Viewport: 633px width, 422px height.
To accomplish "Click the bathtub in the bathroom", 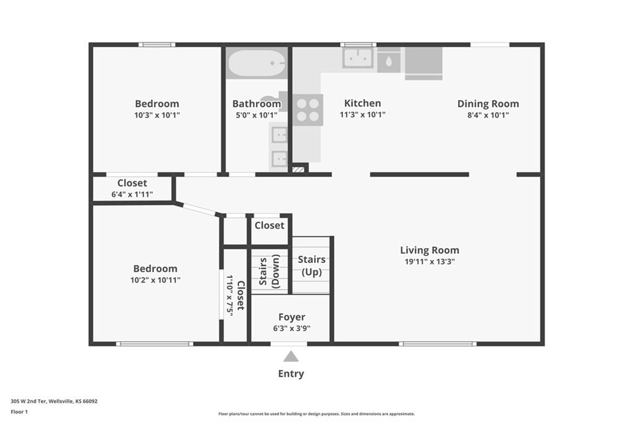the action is tap(257, 63).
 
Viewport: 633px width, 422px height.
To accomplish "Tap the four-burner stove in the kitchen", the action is tap(308, 110).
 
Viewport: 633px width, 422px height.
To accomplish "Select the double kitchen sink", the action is tap(358, 58).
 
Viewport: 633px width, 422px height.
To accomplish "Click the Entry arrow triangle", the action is tap(291, 356).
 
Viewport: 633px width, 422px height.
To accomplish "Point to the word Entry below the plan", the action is tap(291, 374).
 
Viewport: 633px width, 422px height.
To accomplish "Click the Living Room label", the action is tap(430, 250).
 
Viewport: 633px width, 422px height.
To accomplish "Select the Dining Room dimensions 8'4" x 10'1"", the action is tap(488, 115).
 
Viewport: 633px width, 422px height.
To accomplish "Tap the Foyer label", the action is tap(292, 317).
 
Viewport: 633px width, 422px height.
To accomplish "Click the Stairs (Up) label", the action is tap(312, 265).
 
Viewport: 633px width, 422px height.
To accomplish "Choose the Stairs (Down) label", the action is tap(270, 271).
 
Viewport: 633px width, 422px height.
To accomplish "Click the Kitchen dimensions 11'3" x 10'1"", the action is tap(362, 115).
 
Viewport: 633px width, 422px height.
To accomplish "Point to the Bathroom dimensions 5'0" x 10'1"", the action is tap(257, 115).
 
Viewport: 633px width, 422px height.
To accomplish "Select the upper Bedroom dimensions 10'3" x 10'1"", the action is tap(157, 115).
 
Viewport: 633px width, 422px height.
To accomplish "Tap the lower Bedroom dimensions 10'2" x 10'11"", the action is tap(155, 280).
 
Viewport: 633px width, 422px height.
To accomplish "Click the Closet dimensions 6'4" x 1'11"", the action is tap(132, 194).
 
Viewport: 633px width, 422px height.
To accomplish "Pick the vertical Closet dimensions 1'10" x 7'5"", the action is tap(230, 296).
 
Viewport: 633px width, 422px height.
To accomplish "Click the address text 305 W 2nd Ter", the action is tap(28, 402).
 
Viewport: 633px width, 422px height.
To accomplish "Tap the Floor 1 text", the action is tap(19, 412).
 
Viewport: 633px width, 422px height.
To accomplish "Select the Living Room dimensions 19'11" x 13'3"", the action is tap(430, 262).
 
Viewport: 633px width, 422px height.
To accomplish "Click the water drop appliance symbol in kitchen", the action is tap(388, 61).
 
